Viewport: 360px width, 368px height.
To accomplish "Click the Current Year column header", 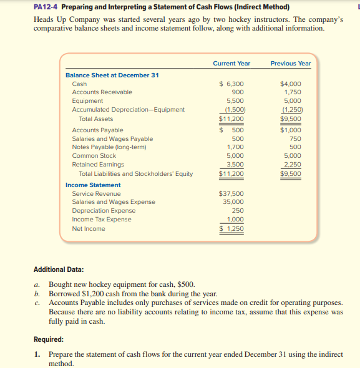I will [231, 63].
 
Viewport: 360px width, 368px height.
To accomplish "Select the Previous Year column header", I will [290, 63].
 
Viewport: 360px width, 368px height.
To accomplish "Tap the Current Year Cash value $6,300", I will [231, 84].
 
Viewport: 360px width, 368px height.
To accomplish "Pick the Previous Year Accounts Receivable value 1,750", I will [292, 92].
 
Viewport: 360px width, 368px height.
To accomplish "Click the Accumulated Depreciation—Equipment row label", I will [128, 110].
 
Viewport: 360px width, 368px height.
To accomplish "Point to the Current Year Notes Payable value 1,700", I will [235, 147].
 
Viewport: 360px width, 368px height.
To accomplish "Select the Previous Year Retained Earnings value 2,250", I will [292, 165].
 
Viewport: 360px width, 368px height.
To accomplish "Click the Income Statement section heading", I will [93, 185].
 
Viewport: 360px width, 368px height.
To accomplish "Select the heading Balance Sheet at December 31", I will [112, 75].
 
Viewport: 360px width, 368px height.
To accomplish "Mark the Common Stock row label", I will [94, 156].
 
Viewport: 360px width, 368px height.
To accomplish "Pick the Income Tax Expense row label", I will [102, 220].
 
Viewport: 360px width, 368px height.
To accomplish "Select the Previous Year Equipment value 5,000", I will [292, 101].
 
